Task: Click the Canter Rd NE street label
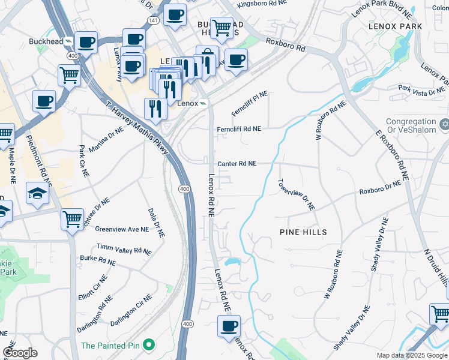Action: point(237,163)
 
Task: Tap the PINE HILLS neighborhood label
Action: point(303,232)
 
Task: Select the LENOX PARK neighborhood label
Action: point(396,26)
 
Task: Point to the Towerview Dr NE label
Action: point(296,194)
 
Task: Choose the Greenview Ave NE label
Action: point(122,229)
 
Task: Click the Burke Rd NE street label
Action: point(97,261)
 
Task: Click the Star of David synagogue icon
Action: point(444,124)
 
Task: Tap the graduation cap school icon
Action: point(37,193)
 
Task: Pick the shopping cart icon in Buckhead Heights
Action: point(222,26)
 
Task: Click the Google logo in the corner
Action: point(20,353)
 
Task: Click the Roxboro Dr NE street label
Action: point(379,191)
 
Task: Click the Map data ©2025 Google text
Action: point(411,355)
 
